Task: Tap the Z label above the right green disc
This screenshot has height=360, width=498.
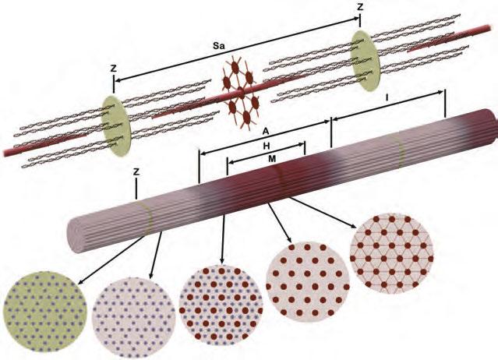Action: point(359,7)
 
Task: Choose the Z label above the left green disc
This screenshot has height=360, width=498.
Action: point(114,69)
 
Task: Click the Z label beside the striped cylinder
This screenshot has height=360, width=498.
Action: point(136,171)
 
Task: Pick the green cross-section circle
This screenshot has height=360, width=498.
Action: point(44,313)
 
